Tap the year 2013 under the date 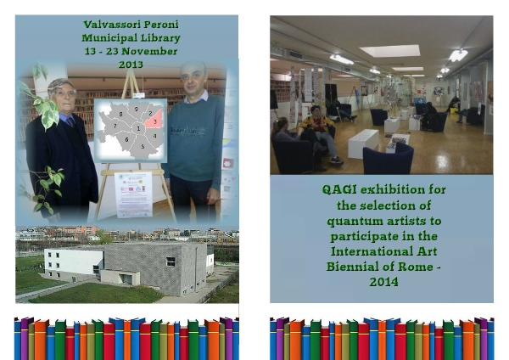pos(131,65)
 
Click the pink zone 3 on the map pos(154,120)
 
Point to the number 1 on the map pos(138,128)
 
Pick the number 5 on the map pos(143,147)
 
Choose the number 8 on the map pos(120,114)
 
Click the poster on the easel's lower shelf pos(133,194)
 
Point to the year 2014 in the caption pos(383,282)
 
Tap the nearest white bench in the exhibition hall pos(363,143)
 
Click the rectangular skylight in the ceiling pos(390,51)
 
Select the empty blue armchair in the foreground pos(388,159)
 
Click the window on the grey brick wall pos(171,262)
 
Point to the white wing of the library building pos(74,262)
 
